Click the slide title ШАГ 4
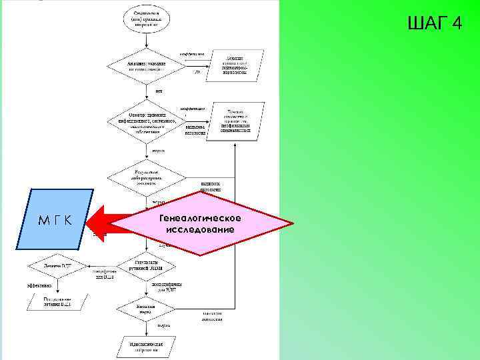coord(433,24)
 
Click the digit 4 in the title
coord(456,24)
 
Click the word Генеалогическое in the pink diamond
coord(201,218)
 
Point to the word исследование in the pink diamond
coord(201,229)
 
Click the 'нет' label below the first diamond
coord(159,91)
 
